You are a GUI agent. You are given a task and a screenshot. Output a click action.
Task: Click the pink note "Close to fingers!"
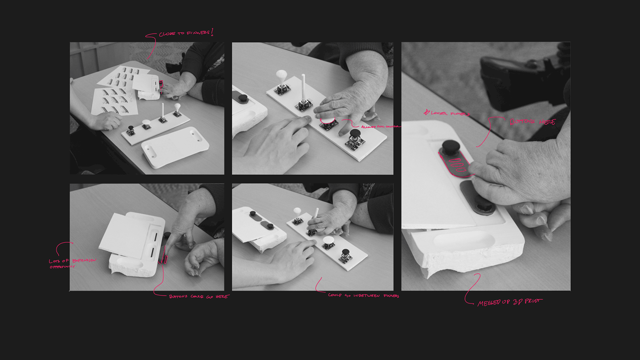tap(186, 33)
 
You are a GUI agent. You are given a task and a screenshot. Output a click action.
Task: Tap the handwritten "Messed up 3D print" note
tap(509, 302)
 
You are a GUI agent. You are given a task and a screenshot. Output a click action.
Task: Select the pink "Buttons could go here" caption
tap(198, 296)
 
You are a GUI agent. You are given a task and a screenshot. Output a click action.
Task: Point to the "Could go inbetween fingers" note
tap(363, 296)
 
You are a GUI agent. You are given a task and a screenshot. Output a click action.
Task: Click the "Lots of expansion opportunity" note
tap(72, 263)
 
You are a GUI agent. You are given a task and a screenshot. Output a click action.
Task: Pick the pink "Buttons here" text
tap(532, 122)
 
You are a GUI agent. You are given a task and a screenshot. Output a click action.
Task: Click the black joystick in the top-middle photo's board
tap(355, 136)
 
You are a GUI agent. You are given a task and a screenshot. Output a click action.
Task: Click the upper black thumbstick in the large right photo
tap(451, 147)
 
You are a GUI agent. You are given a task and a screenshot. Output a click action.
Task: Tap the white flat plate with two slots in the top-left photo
tap(175, 147)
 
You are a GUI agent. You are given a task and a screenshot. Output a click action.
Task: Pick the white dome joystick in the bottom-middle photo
tap(328, 241)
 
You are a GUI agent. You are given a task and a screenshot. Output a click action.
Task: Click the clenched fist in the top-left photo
tap(106, 121)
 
